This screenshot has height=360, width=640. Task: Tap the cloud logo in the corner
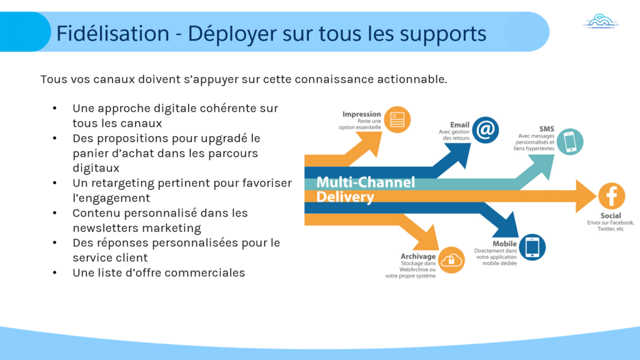(601, 22)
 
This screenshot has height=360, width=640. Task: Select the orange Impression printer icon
(396, 119)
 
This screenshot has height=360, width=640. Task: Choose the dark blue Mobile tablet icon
(532, 246)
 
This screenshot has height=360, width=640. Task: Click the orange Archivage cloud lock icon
(450, 260)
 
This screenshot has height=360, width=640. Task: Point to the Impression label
(361, 114)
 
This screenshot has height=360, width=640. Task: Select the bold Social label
(611, 216)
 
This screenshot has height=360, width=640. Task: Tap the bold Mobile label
(504, 243)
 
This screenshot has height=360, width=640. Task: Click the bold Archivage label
(419, 256)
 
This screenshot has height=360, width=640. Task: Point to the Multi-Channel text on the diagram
(366, 182)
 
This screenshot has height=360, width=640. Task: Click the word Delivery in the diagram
(345, 197)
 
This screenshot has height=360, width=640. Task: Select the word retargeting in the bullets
(124, 183)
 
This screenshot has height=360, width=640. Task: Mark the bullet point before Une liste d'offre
(56, 272)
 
